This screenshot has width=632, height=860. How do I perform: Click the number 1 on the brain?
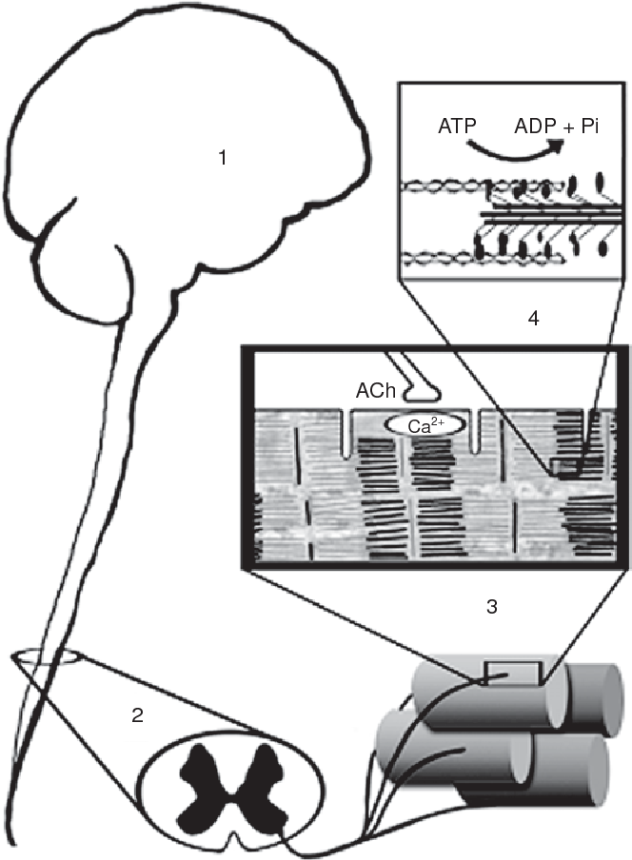pyautogui.click(x=222, y=159)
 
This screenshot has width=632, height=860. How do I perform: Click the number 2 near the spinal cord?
pyautogui.click(x=138, y=715)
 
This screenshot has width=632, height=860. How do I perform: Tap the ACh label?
pyautogui.click(x=373, y=391)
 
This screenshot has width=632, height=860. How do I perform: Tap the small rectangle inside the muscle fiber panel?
pyautogui.click(x=563, y=467)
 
